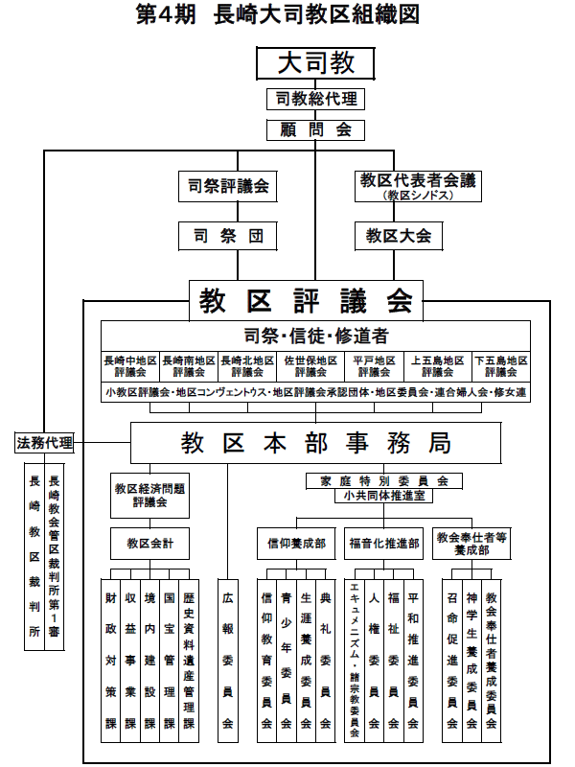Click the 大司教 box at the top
315,63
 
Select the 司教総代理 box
315,99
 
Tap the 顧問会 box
315,130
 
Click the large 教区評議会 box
306,299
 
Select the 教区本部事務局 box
315,443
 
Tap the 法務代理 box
45,443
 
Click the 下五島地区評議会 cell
501,366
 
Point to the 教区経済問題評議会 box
149,494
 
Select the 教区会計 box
149,544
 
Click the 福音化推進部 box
384,544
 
